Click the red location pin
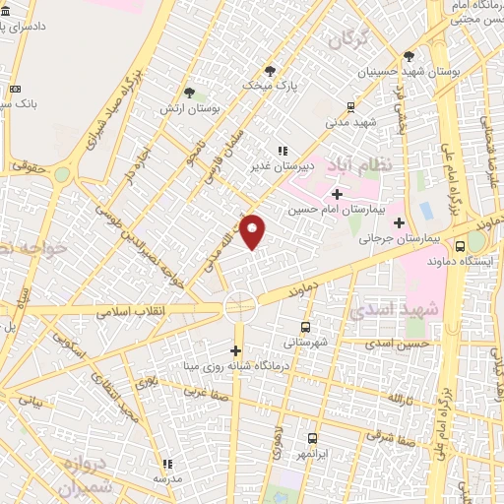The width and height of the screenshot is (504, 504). click(x=253, y=230)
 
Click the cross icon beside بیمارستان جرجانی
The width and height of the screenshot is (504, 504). click(x=398, y=222)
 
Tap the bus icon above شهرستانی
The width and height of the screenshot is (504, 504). click(x=304, y=326)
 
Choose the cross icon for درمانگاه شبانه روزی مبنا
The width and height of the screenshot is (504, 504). click(x=235, y=350)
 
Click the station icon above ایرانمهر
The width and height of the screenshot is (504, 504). click(x=313, y=438)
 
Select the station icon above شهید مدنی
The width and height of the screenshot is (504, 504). click(x=349, y=107)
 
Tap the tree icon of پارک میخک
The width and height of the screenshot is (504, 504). click(x=270, y=70)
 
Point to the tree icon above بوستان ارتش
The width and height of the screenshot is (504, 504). click(x=202, y=95)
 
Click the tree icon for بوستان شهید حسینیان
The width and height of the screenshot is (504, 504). click(x=409, y=55)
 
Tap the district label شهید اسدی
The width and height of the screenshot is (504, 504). click(x=391, y=309)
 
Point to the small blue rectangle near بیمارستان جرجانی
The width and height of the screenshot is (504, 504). click(x=425, y=211)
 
